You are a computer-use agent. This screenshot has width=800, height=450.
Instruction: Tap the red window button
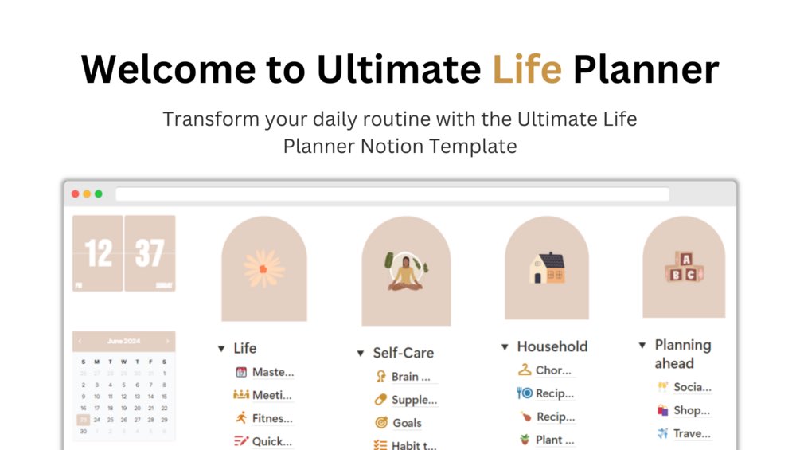(76, 194)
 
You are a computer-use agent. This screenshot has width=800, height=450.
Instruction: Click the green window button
(99, 194)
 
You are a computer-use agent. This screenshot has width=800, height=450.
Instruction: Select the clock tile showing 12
(98, 253)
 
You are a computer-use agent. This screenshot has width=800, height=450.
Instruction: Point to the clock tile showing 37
(150, 253)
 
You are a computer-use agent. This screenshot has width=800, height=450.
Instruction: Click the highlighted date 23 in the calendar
(83, 419)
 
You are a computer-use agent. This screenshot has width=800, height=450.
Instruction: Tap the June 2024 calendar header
(123, 341)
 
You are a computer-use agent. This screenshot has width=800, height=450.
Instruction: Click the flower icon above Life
(263, 268)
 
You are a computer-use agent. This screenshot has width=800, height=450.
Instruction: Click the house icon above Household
(547, 268)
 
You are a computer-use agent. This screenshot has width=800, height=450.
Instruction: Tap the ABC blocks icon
(684, 267)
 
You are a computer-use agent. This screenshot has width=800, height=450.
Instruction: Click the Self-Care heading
(403, 353)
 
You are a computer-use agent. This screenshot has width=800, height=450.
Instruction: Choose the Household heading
(552, 346)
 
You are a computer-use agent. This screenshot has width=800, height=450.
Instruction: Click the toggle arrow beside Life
(221, 349)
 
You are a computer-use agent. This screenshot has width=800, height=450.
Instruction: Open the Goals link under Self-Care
(406, 423)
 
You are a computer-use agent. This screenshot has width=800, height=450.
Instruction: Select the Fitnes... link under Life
(271, 417)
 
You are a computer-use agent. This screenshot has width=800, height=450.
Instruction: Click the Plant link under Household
(548, 440)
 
